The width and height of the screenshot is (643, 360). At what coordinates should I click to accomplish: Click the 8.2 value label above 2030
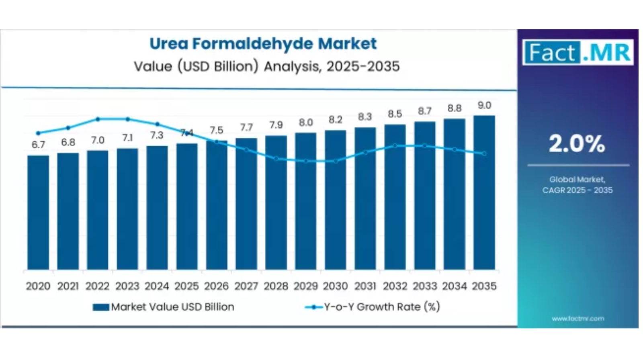point(335,120)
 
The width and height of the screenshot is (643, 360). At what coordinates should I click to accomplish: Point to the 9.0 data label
point(484,105)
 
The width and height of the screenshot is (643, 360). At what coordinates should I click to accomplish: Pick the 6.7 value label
point(38,145)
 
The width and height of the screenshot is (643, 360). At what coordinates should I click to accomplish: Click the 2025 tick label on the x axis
point(186,286)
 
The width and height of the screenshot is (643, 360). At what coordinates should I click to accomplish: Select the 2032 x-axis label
point(395,286)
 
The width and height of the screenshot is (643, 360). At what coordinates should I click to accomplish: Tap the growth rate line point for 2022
point(98,119)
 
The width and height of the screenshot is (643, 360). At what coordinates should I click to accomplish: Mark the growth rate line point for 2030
point(336,161)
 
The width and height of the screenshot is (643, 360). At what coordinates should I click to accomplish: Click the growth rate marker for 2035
point(484,153)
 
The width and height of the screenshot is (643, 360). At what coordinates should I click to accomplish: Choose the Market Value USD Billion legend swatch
point(100,307)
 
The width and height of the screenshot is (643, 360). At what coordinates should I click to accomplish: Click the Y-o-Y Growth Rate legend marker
point(313,307)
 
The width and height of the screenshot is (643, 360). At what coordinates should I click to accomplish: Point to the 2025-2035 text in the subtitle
point(363,66)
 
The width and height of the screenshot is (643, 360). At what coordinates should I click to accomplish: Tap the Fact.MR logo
point(577,52)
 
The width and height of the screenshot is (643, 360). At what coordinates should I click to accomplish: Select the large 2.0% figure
point(577,143)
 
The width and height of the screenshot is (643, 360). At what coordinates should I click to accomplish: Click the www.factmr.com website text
point(577,319)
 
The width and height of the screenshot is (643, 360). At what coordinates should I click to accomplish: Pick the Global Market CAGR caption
point(577,185)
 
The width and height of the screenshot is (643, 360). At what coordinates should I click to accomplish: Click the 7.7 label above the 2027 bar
point(246,128)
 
